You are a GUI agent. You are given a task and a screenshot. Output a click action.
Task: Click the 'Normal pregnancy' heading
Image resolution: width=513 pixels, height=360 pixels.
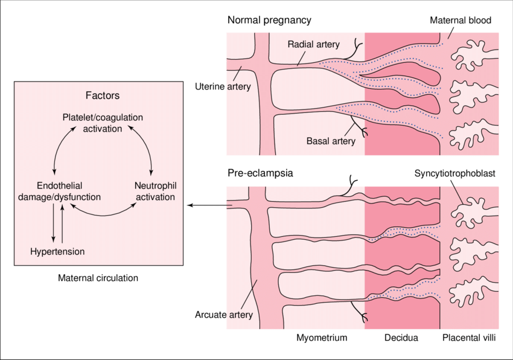(269, 21)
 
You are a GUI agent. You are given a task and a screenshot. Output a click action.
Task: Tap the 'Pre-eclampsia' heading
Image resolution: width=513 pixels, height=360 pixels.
(260, 173)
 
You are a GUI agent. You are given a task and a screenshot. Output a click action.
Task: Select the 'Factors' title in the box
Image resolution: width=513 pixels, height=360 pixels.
(103, 95)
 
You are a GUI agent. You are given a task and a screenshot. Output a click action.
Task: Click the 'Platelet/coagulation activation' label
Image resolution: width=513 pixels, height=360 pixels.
(103, 123)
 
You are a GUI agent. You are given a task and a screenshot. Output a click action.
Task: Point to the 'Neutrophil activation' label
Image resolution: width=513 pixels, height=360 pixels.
(155, 191)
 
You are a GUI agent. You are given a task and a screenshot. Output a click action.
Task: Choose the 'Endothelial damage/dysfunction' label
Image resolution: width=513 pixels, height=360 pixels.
(59, 191)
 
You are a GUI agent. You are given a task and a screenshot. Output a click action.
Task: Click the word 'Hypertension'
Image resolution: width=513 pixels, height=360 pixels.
(57, 251)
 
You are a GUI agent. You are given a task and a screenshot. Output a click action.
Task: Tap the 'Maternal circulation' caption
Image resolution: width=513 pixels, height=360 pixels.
(98, 278)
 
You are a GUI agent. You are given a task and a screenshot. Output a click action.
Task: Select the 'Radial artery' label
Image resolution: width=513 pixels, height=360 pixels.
(313, 44)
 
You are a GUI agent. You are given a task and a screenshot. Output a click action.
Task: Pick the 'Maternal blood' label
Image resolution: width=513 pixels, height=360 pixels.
(460, 21)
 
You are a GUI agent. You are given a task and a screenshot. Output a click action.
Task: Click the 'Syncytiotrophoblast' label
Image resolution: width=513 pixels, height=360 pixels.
(455, 173)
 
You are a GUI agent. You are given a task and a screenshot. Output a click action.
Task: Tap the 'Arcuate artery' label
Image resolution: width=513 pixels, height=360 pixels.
(223, 315)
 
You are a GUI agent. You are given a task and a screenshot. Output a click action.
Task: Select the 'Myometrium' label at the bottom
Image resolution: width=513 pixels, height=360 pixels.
(322, 338)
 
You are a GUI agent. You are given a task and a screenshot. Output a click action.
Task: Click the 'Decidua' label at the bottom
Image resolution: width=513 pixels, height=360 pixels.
(401, 338)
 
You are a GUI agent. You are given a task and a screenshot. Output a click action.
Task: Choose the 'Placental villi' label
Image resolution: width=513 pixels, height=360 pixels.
(469, 338)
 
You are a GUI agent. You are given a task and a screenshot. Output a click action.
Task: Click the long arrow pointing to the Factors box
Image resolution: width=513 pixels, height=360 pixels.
(208, 205)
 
